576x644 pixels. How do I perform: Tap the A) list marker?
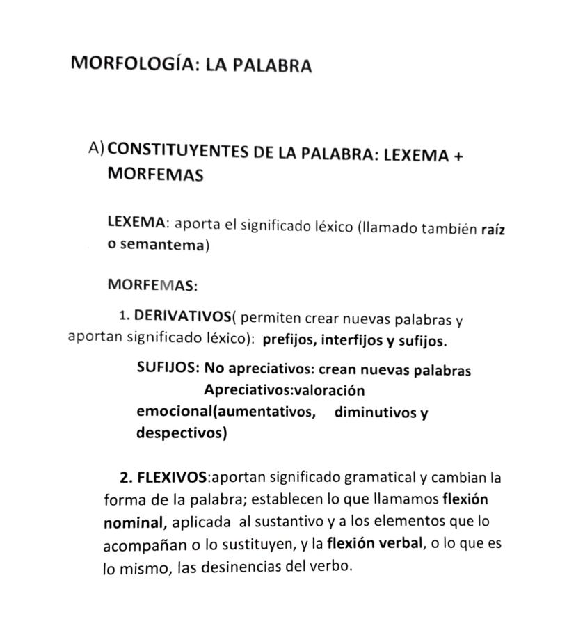click(x=97, y=148)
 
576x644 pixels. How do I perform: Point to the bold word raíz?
click(x=493, y=230)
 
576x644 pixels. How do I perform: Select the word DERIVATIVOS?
click(x=182, y=316)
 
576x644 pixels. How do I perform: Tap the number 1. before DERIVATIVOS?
click(x=125, y=316)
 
